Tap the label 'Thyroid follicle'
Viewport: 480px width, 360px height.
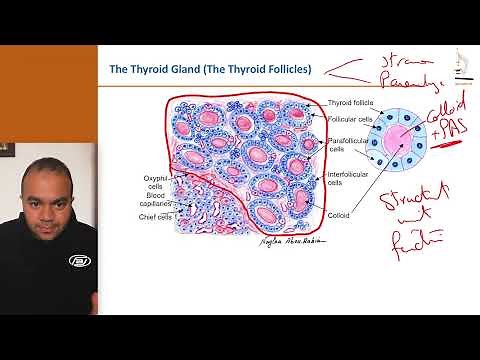pos(351,104)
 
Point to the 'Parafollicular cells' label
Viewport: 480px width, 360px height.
pos(349,148)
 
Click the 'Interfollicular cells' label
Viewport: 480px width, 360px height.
pos(350,182)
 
